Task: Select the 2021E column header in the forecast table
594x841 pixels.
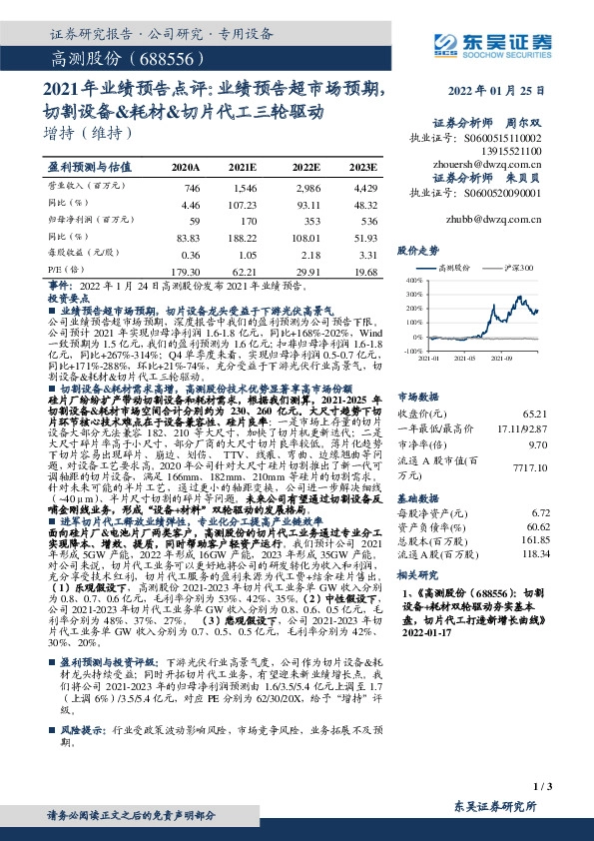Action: click(243, 166)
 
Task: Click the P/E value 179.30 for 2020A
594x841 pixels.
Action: click(185, 271)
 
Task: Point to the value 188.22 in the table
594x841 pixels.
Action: click(243, 238)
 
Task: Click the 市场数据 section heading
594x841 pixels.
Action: click(418, 396)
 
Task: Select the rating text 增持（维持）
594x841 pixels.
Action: click(89, 132)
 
